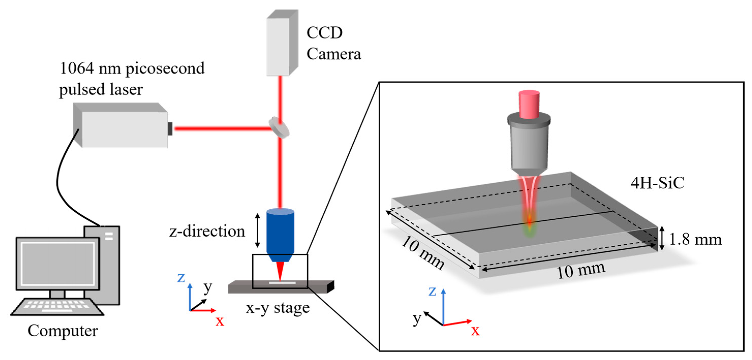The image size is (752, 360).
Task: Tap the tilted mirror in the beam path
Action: point(279,127)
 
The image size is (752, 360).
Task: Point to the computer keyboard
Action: point(57,306)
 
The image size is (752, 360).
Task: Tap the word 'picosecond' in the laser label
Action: point(165,69)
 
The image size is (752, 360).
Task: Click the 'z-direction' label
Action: point(207,231)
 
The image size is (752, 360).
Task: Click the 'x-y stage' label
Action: point(277,308)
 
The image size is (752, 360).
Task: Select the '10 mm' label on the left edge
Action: point(423,252)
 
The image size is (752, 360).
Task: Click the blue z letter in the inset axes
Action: point(432,291)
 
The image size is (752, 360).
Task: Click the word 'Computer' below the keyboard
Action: point(63,331)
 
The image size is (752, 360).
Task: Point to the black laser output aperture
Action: point(170,129)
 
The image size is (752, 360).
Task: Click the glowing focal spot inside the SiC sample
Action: point(529,225)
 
